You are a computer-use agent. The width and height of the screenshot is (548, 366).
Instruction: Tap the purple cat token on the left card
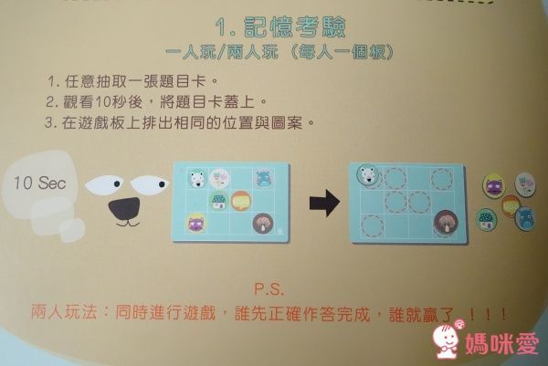(196, 221)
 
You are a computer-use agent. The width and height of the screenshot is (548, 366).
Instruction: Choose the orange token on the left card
(241, 200)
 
